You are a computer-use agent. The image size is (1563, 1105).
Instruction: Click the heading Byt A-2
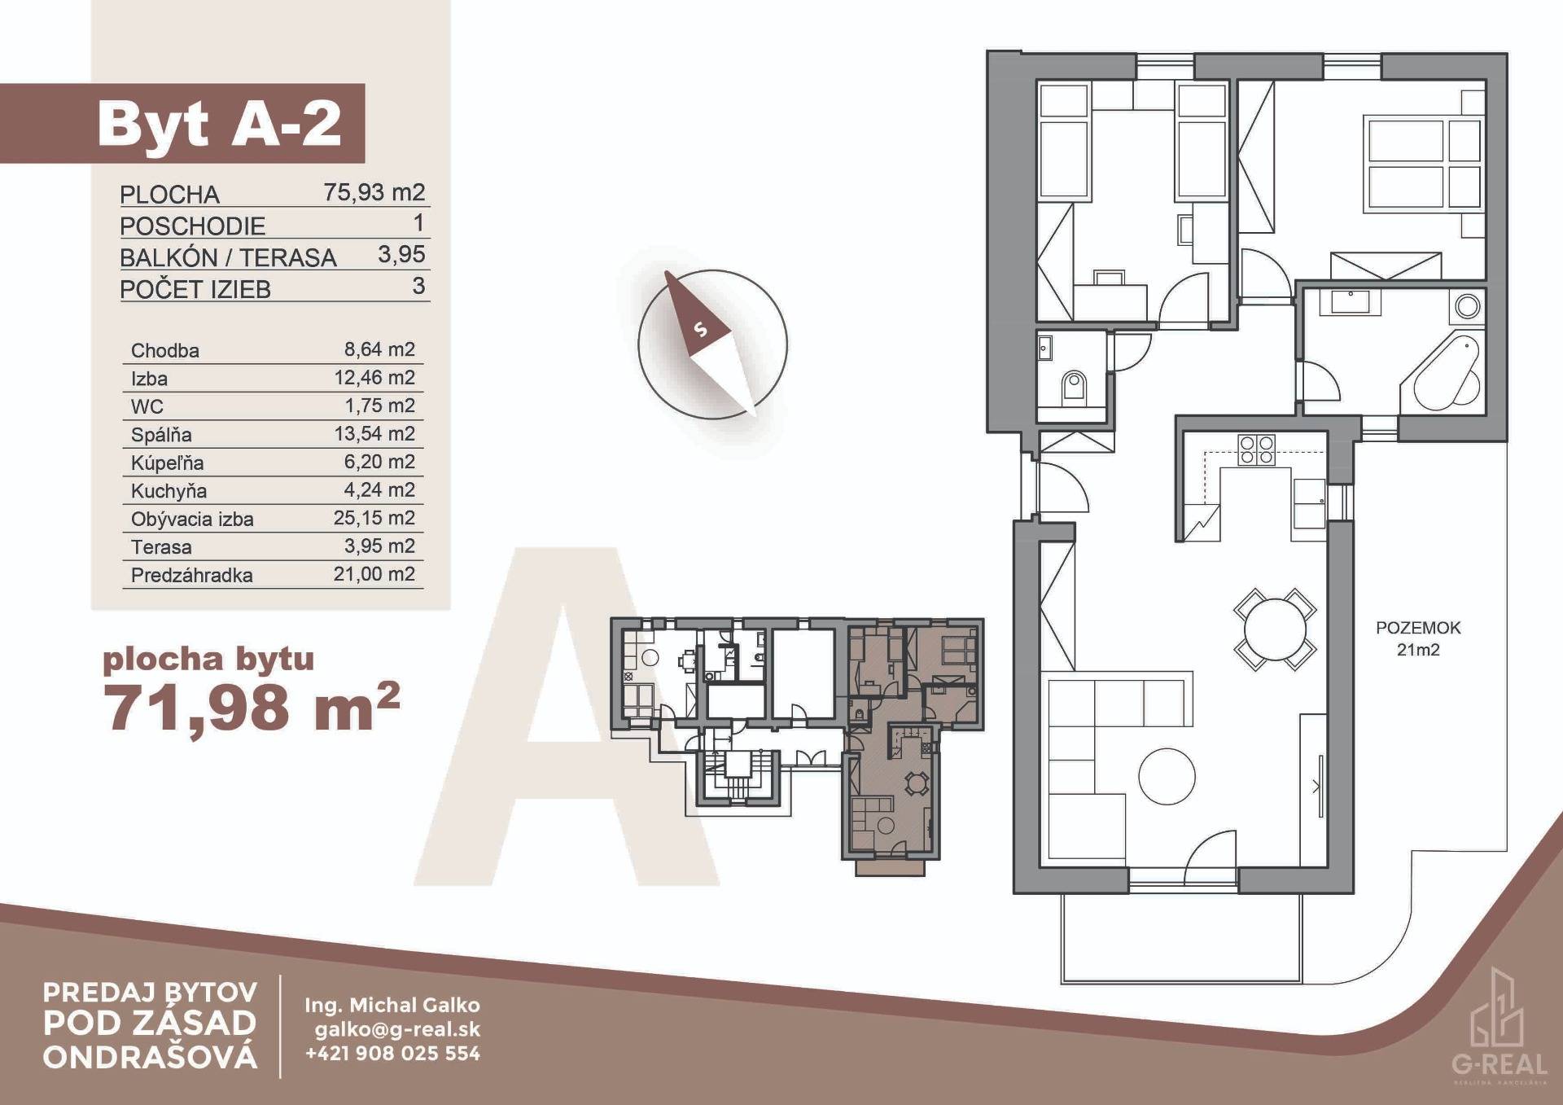219,124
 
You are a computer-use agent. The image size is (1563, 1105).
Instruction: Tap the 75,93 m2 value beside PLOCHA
374,192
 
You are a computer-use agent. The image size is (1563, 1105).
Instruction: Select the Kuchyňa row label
169,491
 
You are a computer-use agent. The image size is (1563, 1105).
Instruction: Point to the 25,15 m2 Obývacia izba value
374,518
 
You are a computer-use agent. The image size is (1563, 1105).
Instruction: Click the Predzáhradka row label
192,575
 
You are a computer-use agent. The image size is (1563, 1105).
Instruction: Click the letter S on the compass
700,330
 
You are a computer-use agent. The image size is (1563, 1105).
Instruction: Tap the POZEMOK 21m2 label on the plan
1418,638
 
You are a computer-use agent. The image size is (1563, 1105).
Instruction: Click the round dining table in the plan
1276,629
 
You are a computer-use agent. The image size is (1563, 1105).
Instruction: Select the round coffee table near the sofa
1167,777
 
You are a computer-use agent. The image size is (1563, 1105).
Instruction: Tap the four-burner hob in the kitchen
1255,449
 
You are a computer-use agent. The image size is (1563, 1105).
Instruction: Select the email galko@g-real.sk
397,1029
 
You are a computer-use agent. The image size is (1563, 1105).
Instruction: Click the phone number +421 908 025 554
392,1054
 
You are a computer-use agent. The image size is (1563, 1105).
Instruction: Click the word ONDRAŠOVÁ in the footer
151,1057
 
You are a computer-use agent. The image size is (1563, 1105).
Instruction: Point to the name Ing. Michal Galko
392,1005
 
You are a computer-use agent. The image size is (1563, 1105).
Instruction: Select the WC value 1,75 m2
379,406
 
